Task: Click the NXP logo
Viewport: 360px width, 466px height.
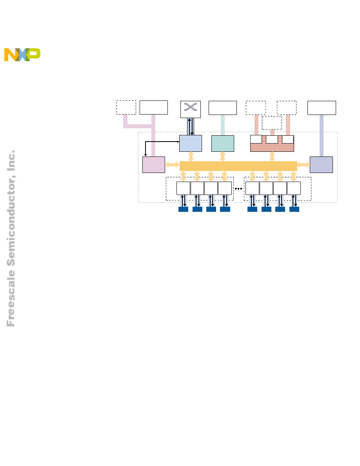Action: (x=22, y=55)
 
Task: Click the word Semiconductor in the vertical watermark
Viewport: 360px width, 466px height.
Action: (x=11, y=221)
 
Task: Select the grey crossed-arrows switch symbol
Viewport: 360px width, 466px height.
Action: (x=191, y=107)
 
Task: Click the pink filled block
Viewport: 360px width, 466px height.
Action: (x=154, y=165)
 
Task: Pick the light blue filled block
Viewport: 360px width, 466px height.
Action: (x=191, y=143)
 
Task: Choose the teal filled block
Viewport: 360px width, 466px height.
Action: (x=222, y=144)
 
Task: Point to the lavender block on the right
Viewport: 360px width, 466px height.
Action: (x=321, y=165)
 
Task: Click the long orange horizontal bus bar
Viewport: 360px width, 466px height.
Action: (x=238, y=166)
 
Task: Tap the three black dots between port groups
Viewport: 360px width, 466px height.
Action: (x=238, y=189)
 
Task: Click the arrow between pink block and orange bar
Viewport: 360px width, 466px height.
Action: (x=172, y=165)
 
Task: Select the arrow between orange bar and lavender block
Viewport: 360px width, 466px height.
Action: (x=304, y=165)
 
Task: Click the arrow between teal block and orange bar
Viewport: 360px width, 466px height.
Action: (x=222, y=157)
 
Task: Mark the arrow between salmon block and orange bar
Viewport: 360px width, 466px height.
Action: (x=272, y=157)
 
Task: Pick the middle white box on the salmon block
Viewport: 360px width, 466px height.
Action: (x=272, y=139)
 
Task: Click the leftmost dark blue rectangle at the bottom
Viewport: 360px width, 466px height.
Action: (x=183, y=209)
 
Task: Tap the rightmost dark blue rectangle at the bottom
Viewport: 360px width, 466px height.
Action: (x=294, y=209)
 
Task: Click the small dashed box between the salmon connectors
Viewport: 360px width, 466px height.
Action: (x=272, y=123)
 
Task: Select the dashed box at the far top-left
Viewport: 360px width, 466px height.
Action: (x=126, y=107)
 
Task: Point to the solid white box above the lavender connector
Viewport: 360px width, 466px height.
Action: (x=322, y=108)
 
